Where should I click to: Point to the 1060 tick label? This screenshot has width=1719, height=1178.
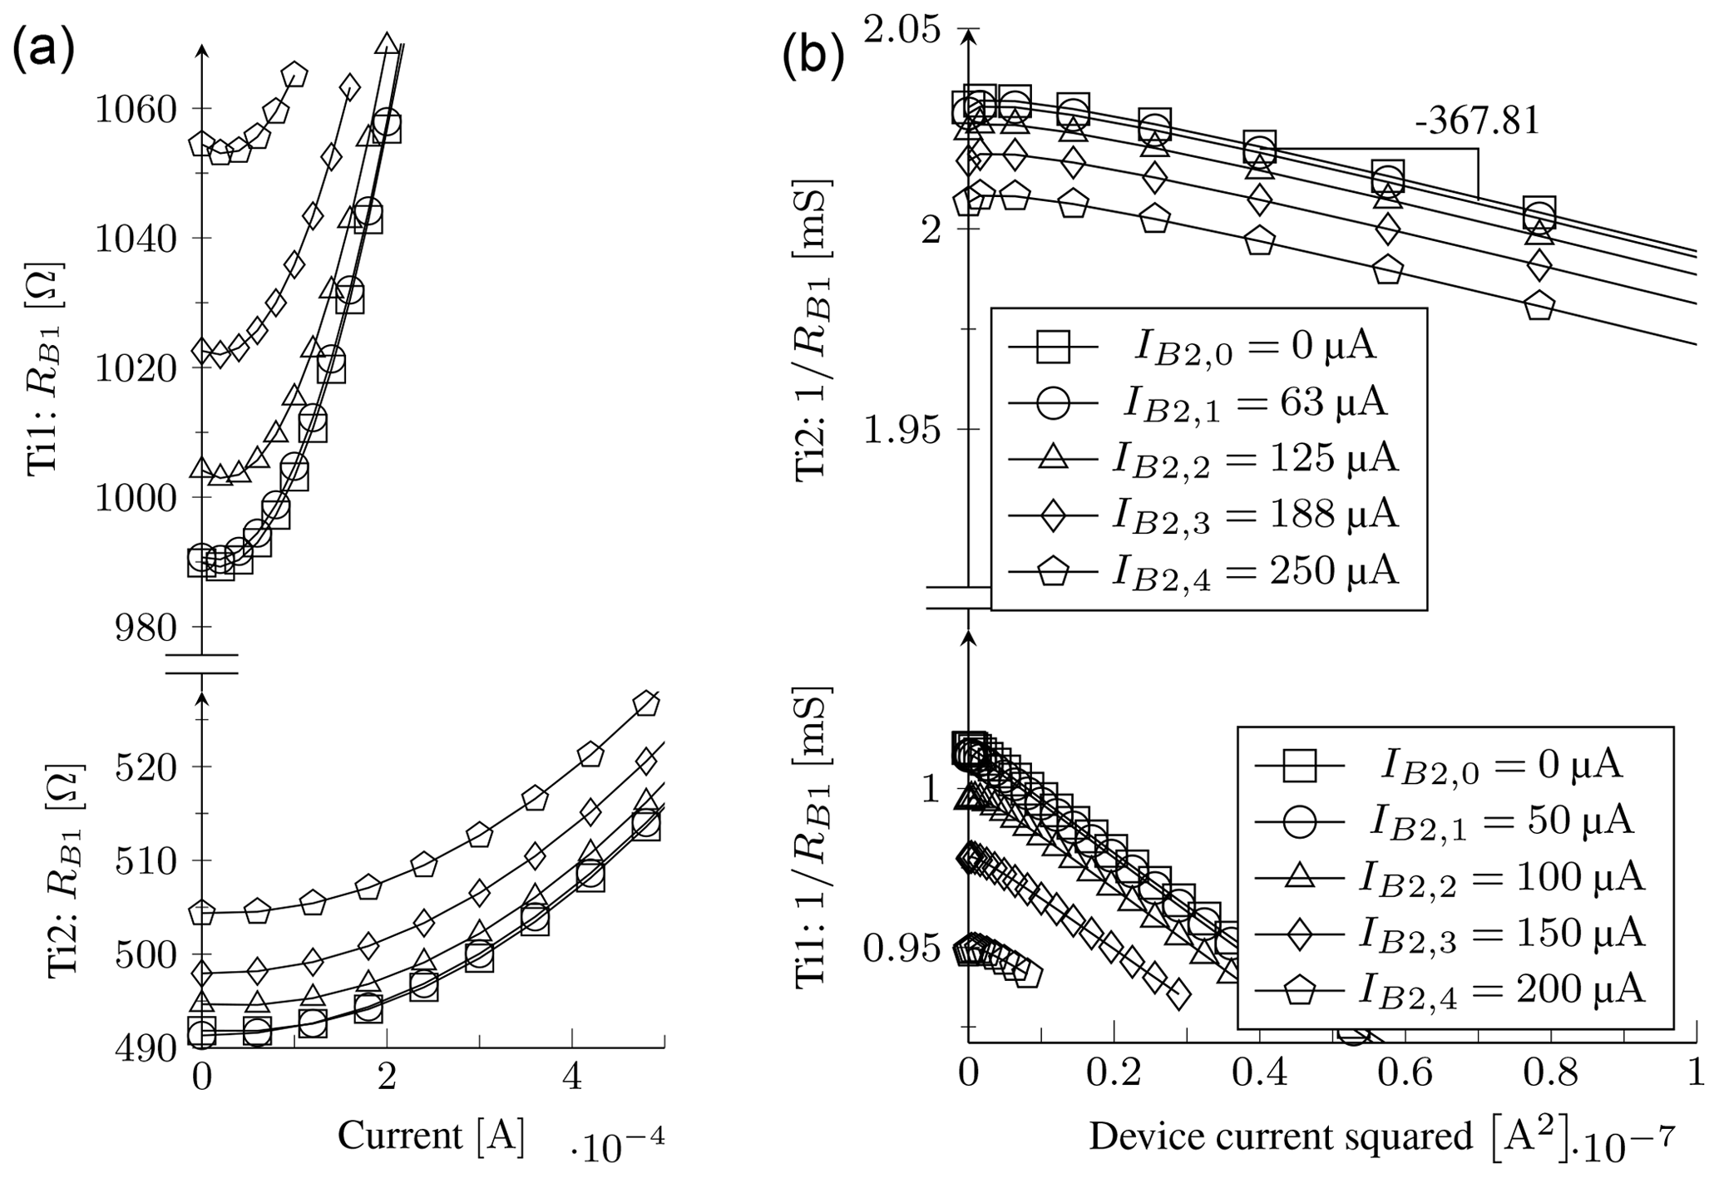(x=135, y=109)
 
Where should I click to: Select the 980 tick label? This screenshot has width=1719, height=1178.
(x=147, y=628)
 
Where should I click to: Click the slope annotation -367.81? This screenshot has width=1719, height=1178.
(x=1476, y=121)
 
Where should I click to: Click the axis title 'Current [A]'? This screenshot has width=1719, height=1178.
(x=431, y=1136)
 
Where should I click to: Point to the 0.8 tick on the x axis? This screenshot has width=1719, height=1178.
(x=1539, y=1073)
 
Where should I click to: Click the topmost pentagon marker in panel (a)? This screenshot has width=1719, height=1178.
(x=294, y=75)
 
